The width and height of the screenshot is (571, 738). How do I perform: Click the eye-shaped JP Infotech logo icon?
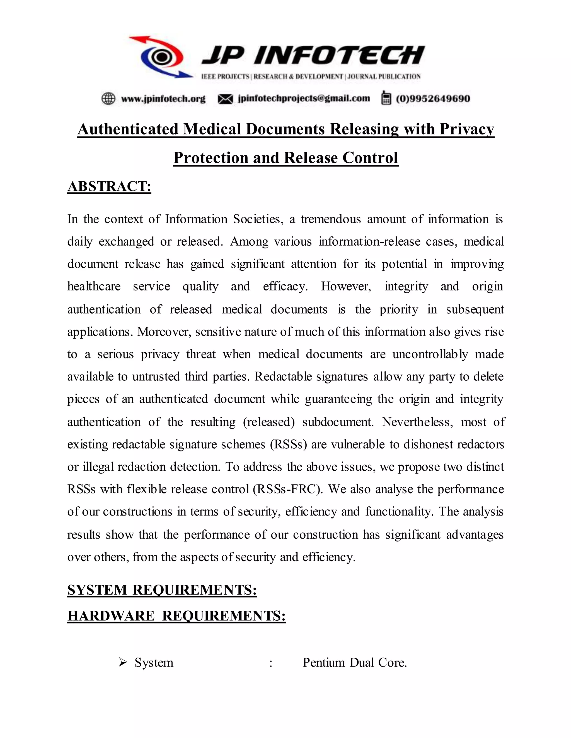(x=162, y=57)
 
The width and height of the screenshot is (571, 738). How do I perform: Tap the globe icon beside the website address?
(x=108, y=99)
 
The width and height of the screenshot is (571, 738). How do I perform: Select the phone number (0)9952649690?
(x=433, y=99)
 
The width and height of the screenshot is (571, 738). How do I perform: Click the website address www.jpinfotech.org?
(x=163, y=99)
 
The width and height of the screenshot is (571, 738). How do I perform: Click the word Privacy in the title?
(x=466, y=129)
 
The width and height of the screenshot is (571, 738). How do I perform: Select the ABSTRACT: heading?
(x=109, y=187)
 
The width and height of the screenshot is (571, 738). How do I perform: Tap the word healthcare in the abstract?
(x=94, y=287)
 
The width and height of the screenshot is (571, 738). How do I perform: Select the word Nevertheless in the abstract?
(x=417, y=422)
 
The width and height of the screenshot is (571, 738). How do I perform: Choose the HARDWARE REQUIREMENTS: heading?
(x=176, y=616)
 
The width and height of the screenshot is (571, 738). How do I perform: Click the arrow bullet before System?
(x=122, y=662)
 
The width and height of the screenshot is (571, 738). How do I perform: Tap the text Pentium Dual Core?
(x=354, y=663)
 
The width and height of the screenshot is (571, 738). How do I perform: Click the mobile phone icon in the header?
(x=386, y=98)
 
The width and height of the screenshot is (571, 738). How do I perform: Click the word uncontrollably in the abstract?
(x=430, y=354)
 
